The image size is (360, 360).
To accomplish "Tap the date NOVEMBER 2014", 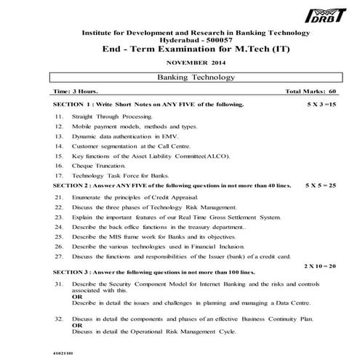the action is [x=186, y=64].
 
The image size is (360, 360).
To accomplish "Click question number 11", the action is [x=59, y=116].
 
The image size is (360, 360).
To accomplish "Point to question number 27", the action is [x=59, y=256].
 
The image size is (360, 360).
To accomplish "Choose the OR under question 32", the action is [x=77, y=326].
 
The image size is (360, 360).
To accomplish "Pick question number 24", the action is [x=59, y=227].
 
